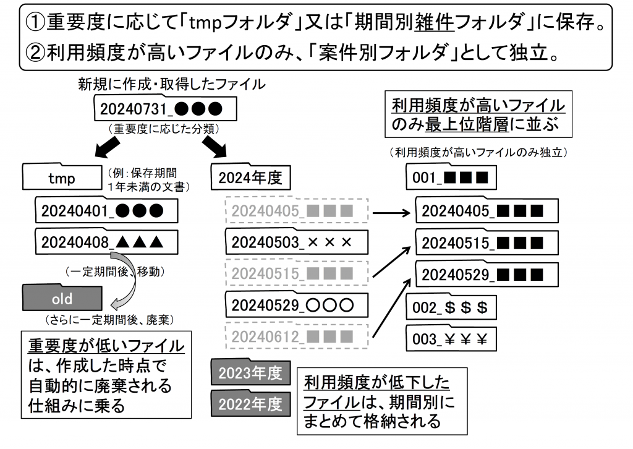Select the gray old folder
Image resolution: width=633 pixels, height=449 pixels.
click(61, 299)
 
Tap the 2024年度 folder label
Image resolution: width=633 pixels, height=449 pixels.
click(250, 178)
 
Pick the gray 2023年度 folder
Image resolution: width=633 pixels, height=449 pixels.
click(250, 373)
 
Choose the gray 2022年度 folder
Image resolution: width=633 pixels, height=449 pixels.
click(250, 404)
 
